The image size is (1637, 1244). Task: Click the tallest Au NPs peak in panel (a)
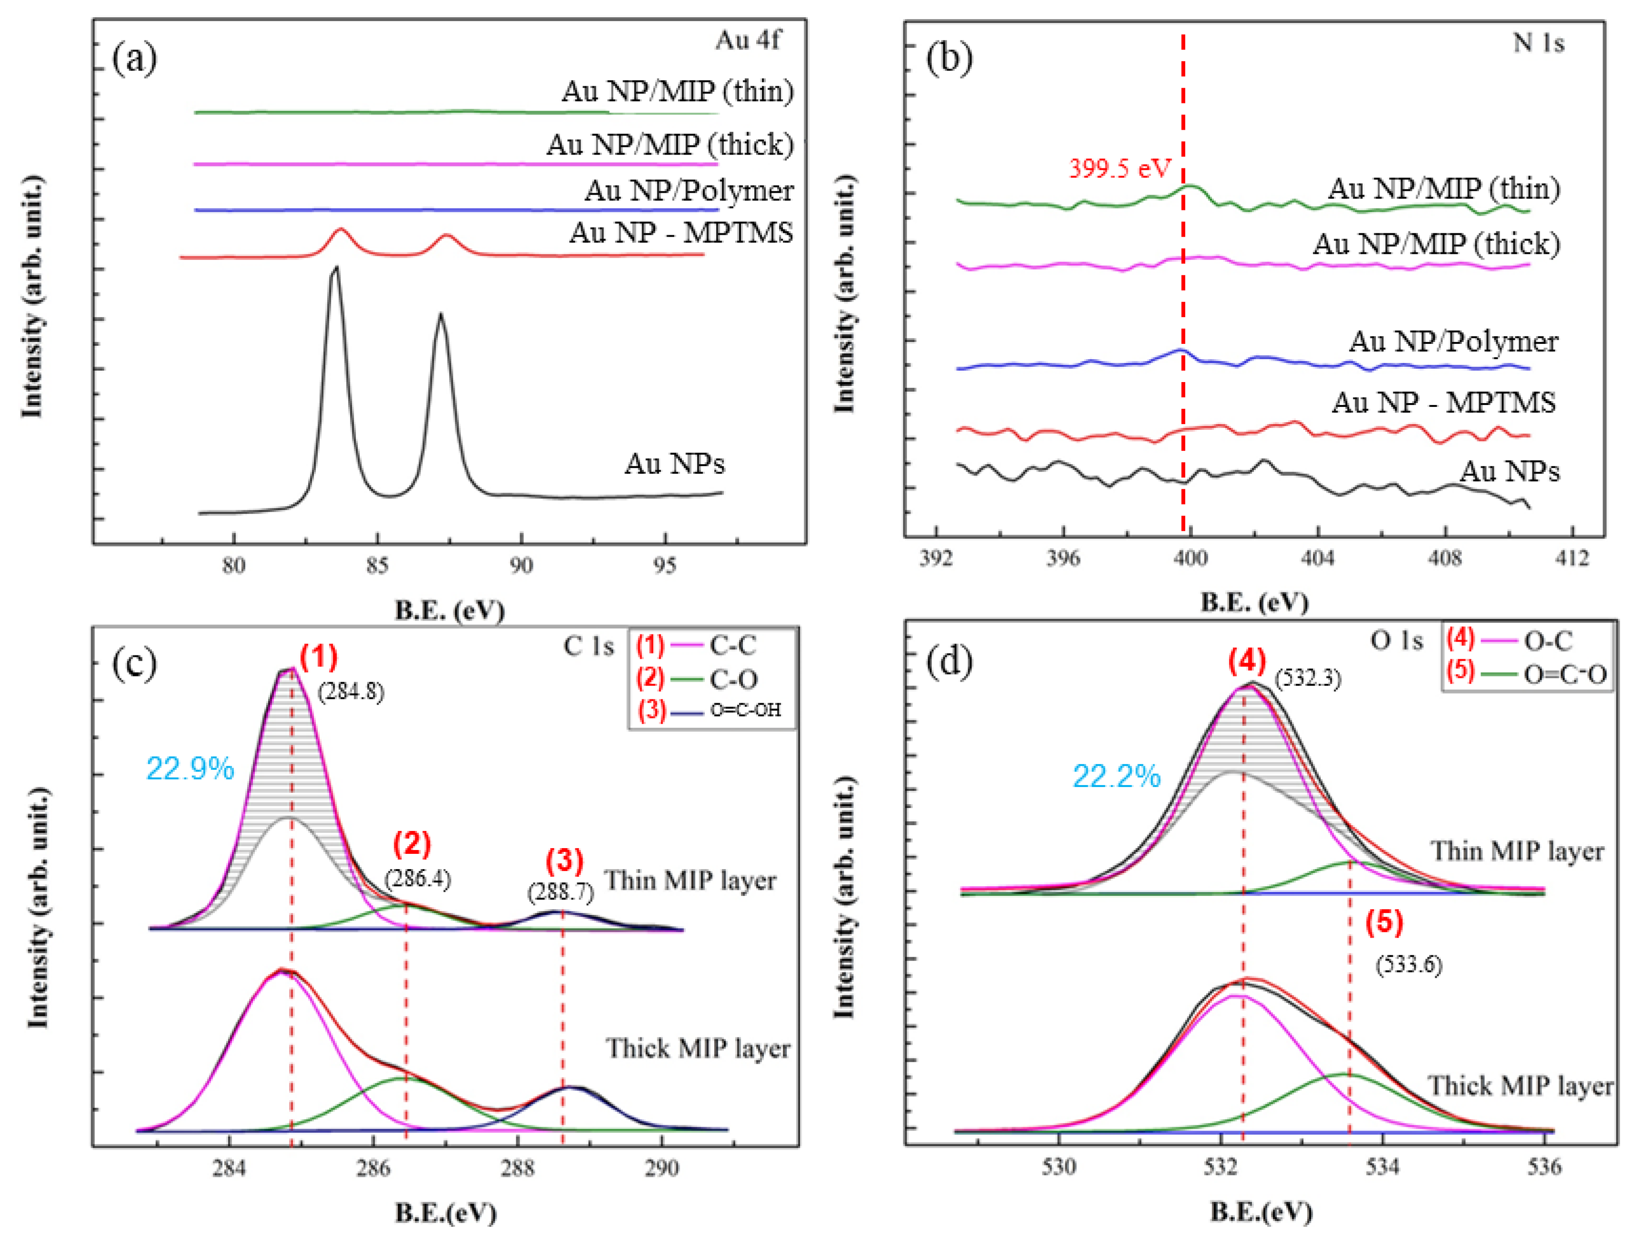point(336,270)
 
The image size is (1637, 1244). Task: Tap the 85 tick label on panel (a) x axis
point(377,566)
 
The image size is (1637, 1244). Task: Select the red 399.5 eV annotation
point(1118,169)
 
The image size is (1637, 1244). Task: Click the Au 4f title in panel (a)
point(747,40)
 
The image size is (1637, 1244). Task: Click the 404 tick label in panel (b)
point(1317,558)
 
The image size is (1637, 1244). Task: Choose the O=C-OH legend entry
point(745,710)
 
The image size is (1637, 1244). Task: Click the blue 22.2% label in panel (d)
point(1116,777)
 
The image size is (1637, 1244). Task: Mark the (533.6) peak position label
point(1409,965)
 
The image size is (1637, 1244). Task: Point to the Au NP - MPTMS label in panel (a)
point(681,233)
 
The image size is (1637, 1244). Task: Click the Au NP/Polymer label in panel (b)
point(1452,342)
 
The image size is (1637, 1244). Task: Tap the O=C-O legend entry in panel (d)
point(1564,674)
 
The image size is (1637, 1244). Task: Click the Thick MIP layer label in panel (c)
point(698,1048)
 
